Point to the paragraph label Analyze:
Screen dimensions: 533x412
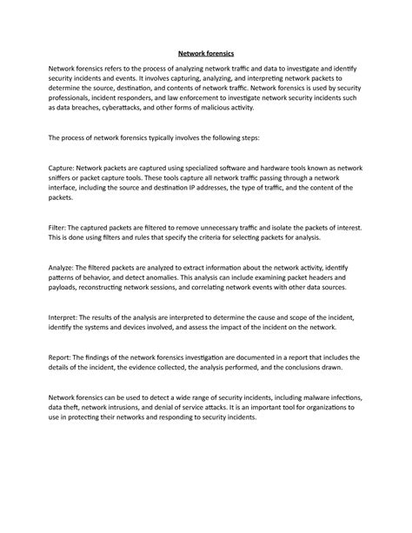click(x=65, y=266)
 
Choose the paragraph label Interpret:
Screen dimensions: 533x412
click(x=67, y=317)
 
